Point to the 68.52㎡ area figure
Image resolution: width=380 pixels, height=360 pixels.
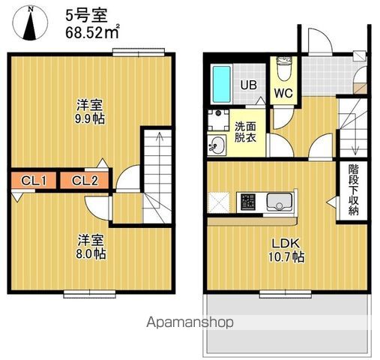[x=87, y=32]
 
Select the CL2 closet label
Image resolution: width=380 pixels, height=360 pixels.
[x=85, y=180]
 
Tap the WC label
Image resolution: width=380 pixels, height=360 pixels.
[x=282, y=94]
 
